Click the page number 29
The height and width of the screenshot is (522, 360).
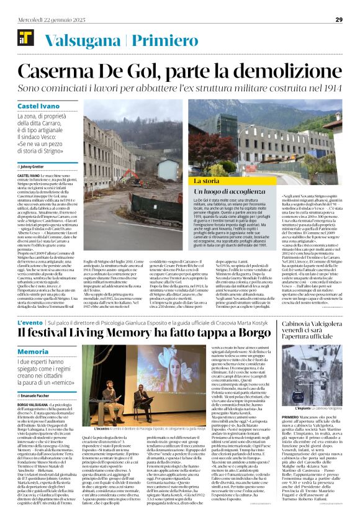click(339, 19)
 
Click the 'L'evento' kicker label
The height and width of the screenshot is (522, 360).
click(31, 323)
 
